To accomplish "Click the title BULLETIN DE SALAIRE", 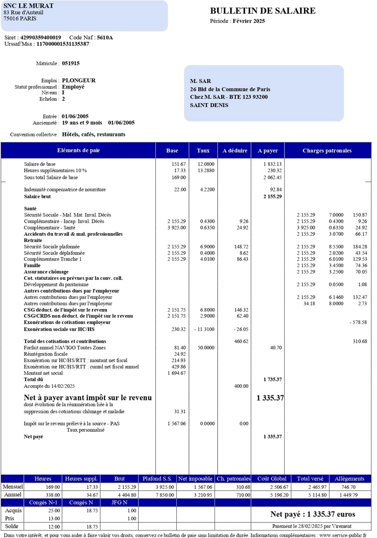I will pos(263,11).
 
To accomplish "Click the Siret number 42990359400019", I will pos(41,38).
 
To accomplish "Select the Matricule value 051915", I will pos(71,64).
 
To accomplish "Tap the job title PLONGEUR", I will pos(79,81).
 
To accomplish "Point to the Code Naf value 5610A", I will pos(105,38).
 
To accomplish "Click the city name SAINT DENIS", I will pos(209,105).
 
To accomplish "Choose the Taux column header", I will pos(203,151).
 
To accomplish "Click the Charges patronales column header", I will pos(327,151).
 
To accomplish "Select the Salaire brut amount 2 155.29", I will pos(272,196).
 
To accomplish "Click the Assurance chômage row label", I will pos(46,272).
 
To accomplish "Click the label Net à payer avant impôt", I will pos(88,398).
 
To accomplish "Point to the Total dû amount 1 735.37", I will pos(272,379).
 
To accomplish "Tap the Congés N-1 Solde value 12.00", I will pos(52,526).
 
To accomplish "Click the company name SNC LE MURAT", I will pos(28,6).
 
